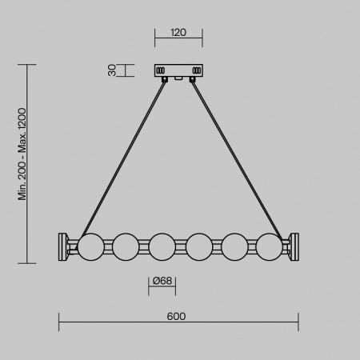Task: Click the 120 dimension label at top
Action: click(178, 33)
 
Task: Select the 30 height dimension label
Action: click(113, 70)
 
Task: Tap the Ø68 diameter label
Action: click(162, 281)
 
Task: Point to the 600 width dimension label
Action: click(176, 316)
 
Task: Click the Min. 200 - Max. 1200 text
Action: click(22, 154)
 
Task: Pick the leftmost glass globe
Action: click(91, 246)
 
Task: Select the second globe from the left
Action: click(126, 246)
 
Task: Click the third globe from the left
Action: click(162, 246)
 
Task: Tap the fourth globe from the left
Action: click(199, 246)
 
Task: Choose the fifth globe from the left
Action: click(234, 246)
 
